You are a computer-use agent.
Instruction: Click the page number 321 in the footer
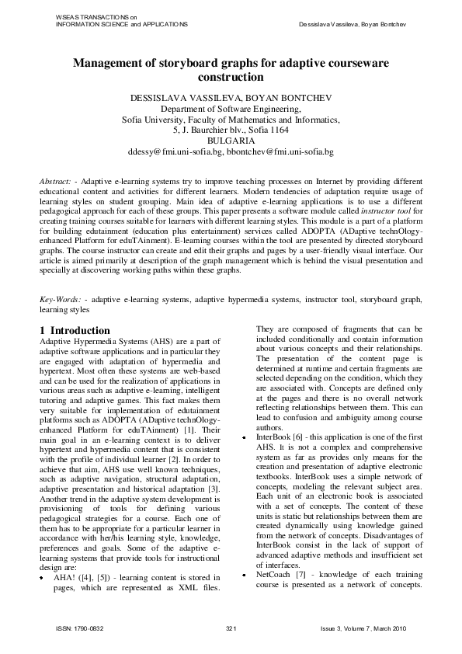click(x=231, y=628)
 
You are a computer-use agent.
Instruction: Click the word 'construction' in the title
click(x=231, y=78)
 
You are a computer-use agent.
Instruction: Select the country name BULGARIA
click(x=231, y=141)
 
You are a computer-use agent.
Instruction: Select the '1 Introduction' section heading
click(x=75, y=330)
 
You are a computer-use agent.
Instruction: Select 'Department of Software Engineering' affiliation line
click(x=231, y=110)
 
